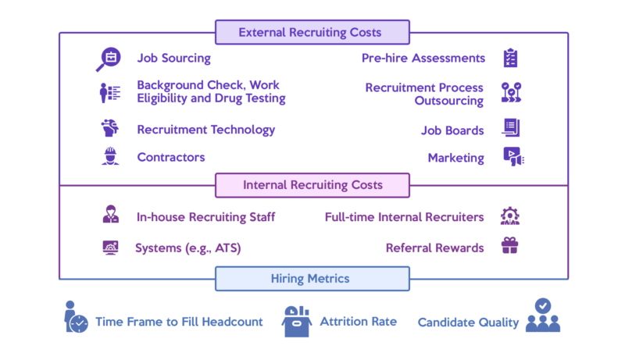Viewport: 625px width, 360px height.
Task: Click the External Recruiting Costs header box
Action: point(312,32)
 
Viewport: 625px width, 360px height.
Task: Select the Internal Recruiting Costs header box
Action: point(312,185)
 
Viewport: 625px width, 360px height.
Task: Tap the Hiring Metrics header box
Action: point(312,279)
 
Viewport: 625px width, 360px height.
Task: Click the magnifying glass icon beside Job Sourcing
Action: point(108,59)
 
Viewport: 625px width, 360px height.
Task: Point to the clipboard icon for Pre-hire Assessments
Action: point(510,58)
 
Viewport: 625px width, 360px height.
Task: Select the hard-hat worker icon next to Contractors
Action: point(110,156)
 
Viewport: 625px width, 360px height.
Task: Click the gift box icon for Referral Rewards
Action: point(510,245)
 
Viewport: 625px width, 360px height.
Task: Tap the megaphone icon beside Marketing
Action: point(513,156)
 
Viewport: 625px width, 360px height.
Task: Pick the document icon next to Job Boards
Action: point(511,127)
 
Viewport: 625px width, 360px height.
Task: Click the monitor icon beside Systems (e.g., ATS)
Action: point(110,248)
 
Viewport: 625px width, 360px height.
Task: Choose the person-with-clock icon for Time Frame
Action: point(76,316)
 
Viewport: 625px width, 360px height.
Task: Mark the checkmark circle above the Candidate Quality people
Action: point(543,306)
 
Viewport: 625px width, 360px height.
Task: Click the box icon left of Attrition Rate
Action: point(297,322)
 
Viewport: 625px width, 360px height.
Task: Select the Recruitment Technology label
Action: point(206,130)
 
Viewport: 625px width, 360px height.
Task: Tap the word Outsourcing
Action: point(448,101)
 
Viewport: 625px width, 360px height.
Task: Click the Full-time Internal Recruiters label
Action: point(404,217)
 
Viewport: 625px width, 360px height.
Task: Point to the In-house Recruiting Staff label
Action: point(205,217)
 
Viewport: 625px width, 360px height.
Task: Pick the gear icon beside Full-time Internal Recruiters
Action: point(510,216)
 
